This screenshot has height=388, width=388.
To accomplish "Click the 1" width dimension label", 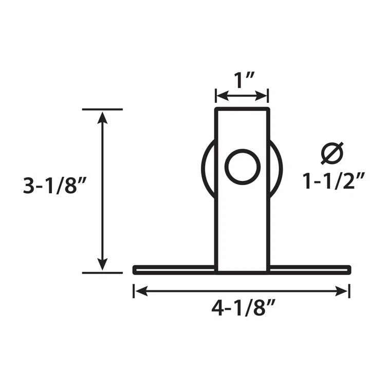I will click(242, 81).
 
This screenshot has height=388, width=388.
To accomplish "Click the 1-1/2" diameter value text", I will click(334, 181).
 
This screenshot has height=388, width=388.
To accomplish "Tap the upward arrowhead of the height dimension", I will click(103, 117).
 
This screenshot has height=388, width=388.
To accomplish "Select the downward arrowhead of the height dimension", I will click(103, 265).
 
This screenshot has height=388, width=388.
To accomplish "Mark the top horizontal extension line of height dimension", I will click(103, 109).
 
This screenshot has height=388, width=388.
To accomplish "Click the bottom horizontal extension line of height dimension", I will click(103, 272).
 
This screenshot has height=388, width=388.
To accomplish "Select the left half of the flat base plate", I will click(174, 269).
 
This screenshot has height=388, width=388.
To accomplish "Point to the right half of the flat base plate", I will click(310, 269).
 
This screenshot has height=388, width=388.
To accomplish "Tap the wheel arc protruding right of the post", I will click(279, 167).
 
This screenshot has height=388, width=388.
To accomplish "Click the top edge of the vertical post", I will click(242, 109).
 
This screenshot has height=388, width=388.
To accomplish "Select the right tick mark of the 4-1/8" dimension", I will click(349, 291).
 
